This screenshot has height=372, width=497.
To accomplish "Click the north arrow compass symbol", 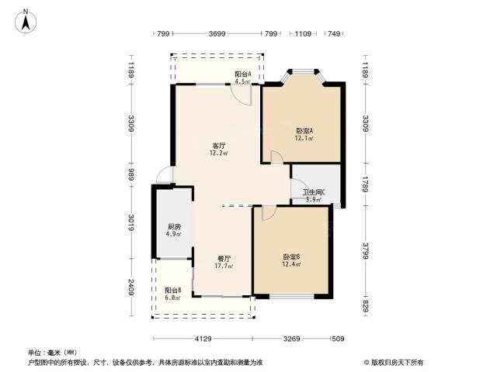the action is click(x=26, y=21).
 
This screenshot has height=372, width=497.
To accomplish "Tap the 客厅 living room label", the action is click(x=219, y=146).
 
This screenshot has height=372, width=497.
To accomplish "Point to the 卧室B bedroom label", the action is click(x=291, y=257).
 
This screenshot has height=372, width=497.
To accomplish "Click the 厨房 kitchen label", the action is click(x=174, y=227).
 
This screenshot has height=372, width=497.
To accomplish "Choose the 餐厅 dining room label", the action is click(x=224, y=259).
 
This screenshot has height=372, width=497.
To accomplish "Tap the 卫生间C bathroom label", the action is click(x=314, y=192).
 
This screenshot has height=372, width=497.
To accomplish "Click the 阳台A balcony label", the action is click(x=243, y=74).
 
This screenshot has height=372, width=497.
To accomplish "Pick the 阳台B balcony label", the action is click(x=173, y=291).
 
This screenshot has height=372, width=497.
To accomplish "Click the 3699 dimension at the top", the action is click(x=217, y=33).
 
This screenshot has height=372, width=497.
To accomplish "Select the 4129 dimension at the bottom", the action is click(x=203, y=339).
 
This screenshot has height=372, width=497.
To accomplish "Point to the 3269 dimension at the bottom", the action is click(x=292, y=339).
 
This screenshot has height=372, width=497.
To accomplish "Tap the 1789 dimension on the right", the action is click(x=366, y=184).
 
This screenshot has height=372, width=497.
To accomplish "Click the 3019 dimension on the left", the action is click(x=131, y=222).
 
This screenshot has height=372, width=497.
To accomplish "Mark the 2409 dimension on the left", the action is click(x=131, y=288).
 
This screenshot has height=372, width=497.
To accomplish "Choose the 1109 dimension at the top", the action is click(x=303, y=33).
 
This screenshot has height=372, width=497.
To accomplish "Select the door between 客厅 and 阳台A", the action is click(x=242, y=95).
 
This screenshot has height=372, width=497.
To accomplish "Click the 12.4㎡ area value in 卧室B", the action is click(x=291, y=264).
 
